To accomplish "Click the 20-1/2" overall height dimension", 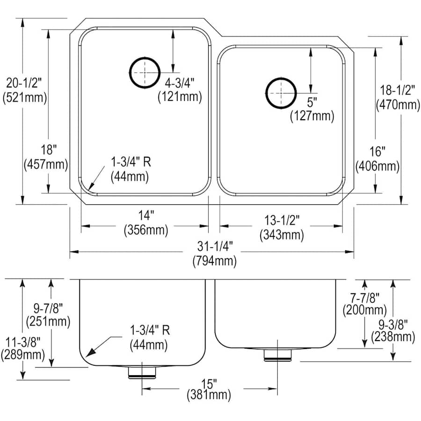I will pyautogui.click(x=24, y=83).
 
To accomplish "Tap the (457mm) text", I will pyautogui.click(x=45, y=164).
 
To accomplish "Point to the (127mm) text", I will pyautogui.click(x=312, y=116).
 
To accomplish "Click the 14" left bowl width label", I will pyautogui.click(x=146, y=216).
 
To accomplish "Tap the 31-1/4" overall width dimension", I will pyautogui.click(x=214, y=245).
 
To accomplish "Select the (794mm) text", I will pyautogui.click(x=214, y=261).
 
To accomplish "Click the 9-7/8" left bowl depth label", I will pyautogui.click(x=49, y=307).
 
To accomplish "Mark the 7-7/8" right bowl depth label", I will pyautogui.click(x=364, y=297).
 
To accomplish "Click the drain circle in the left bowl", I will pyautogui.click(x=144, y=73).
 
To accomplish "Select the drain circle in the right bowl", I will pyautogui.click(x=280, y=92).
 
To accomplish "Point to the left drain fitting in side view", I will pyautogui.click(x=142, y=372).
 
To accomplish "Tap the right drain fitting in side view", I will pyautogui.click(x=277, y=356).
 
